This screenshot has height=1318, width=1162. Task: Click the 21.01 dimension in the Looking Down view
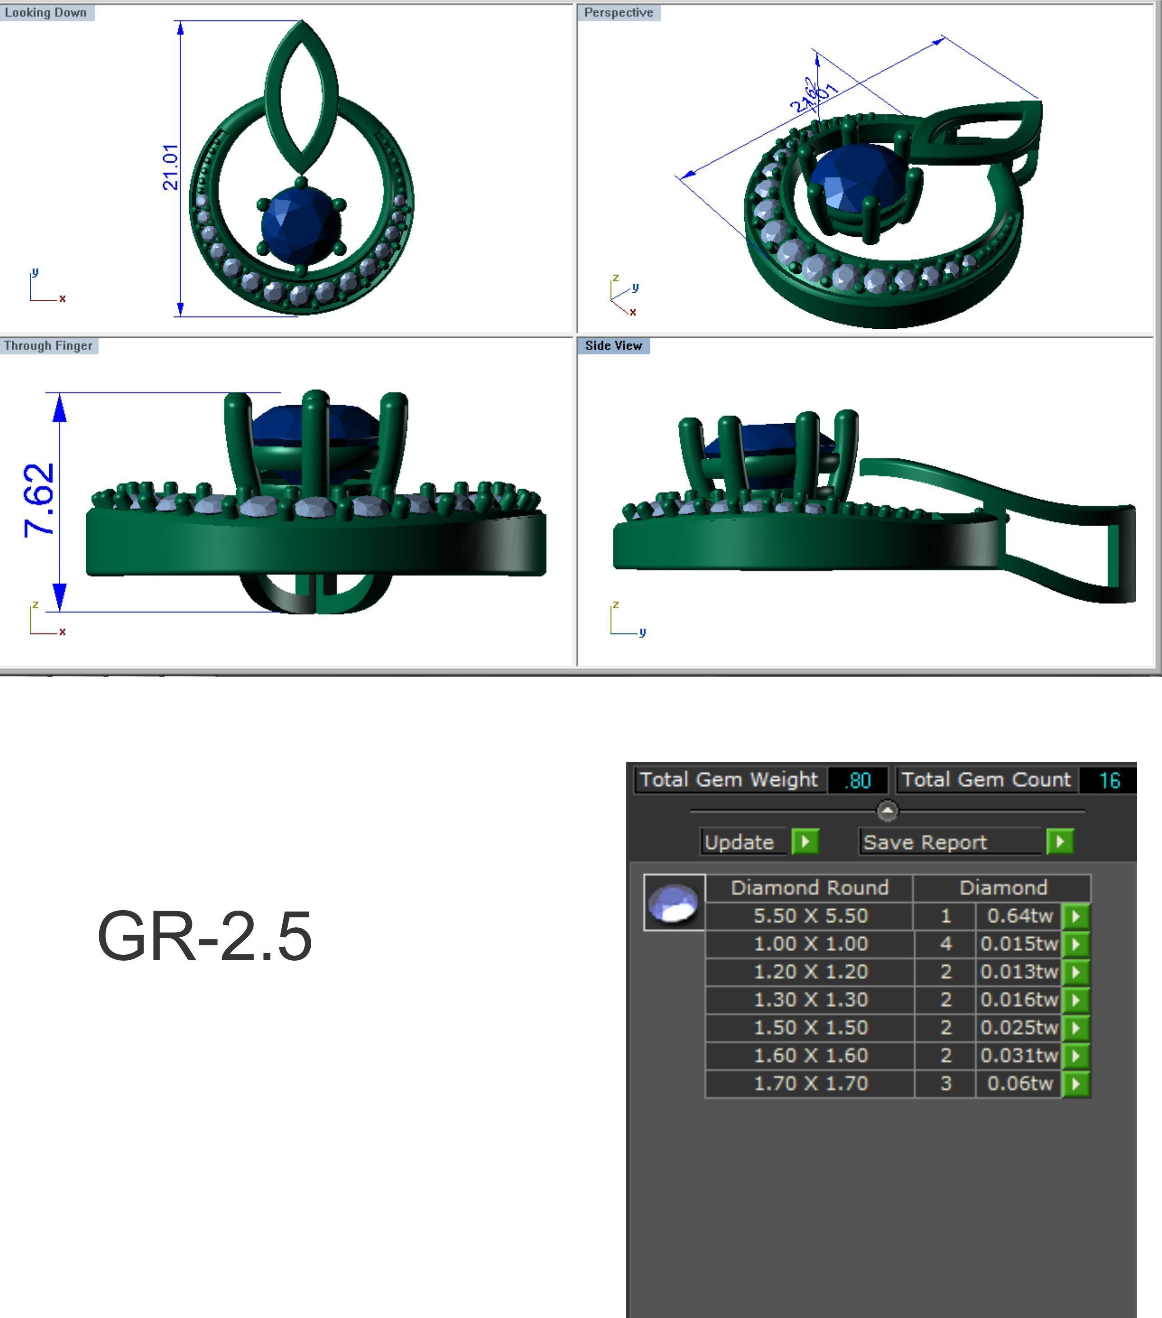[x=170, y=167]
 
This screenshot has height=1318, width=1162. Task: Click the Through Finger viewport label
[x=48, y=346]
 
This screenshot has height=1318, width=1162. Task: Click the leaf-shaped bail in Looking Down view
[x=301, y=97]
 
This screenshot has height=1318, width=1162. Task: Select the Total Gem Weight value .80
[x=858, y=780]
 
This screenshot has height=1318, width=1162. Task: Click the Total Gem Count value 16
[x=1109, y=780]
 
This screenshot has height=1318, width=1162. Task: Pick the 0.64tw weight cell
[x=1019, y=916]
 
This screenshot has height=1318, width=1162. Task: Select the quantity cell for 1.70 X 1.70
[x=945, y=1083]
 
